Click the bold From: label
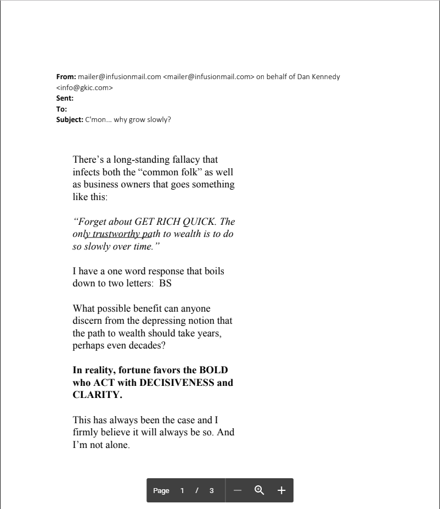pos(66,77)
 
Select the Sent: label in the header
pos(65,98)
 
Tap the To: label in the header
pos(62,109)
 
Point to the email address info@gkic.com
pos(84,88)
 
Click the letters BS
pos(165,284)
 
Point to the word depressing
pos(161,320)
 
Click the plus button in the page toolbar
pos(281,490)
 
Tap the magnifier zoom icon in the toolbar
pos(260,490)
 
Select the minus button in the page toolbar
pos(238,490)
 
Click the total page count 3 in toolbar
pos(212,491)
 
